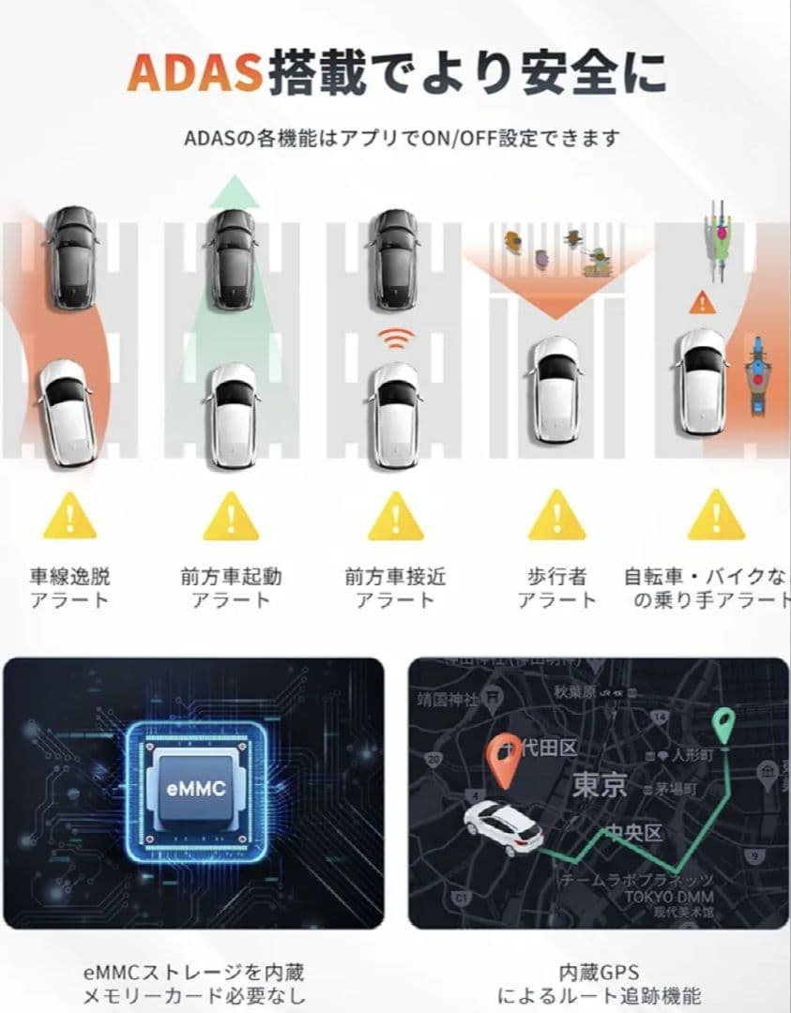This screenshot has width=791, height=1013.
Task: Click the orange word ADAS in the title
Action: [x=195, y=72]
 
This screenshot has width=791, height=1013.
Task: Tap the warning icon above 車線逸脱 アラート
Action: [x=69, y=516]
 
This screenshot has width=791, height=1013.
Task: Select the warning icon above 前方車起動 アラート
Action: [x=230, y=516]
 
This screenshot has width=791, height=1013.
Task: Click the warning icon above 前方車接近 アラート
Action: [x=395, y=516]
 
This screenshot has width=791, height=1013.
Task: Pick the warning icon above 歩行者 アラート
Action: [x=556, y=516]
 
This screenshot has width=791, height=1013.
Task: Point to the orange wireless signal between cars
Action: [x=395, y=340]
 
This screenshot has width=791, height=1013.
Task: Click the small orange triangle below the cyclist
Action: [x=700, y=302]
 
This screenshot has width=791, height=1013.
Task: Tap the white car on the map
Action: [x=505, y=827]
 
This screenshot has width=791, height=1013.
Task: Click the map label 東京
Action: [x=601, y=785]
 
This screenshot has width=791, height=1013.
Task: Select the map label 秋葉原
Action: [x=574, y=693]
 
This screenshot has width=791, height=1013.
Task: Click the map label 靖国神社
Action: [x=449, y=699]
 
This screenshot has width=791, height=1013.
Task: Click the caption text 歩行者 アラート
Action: [x=556, y=588]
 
